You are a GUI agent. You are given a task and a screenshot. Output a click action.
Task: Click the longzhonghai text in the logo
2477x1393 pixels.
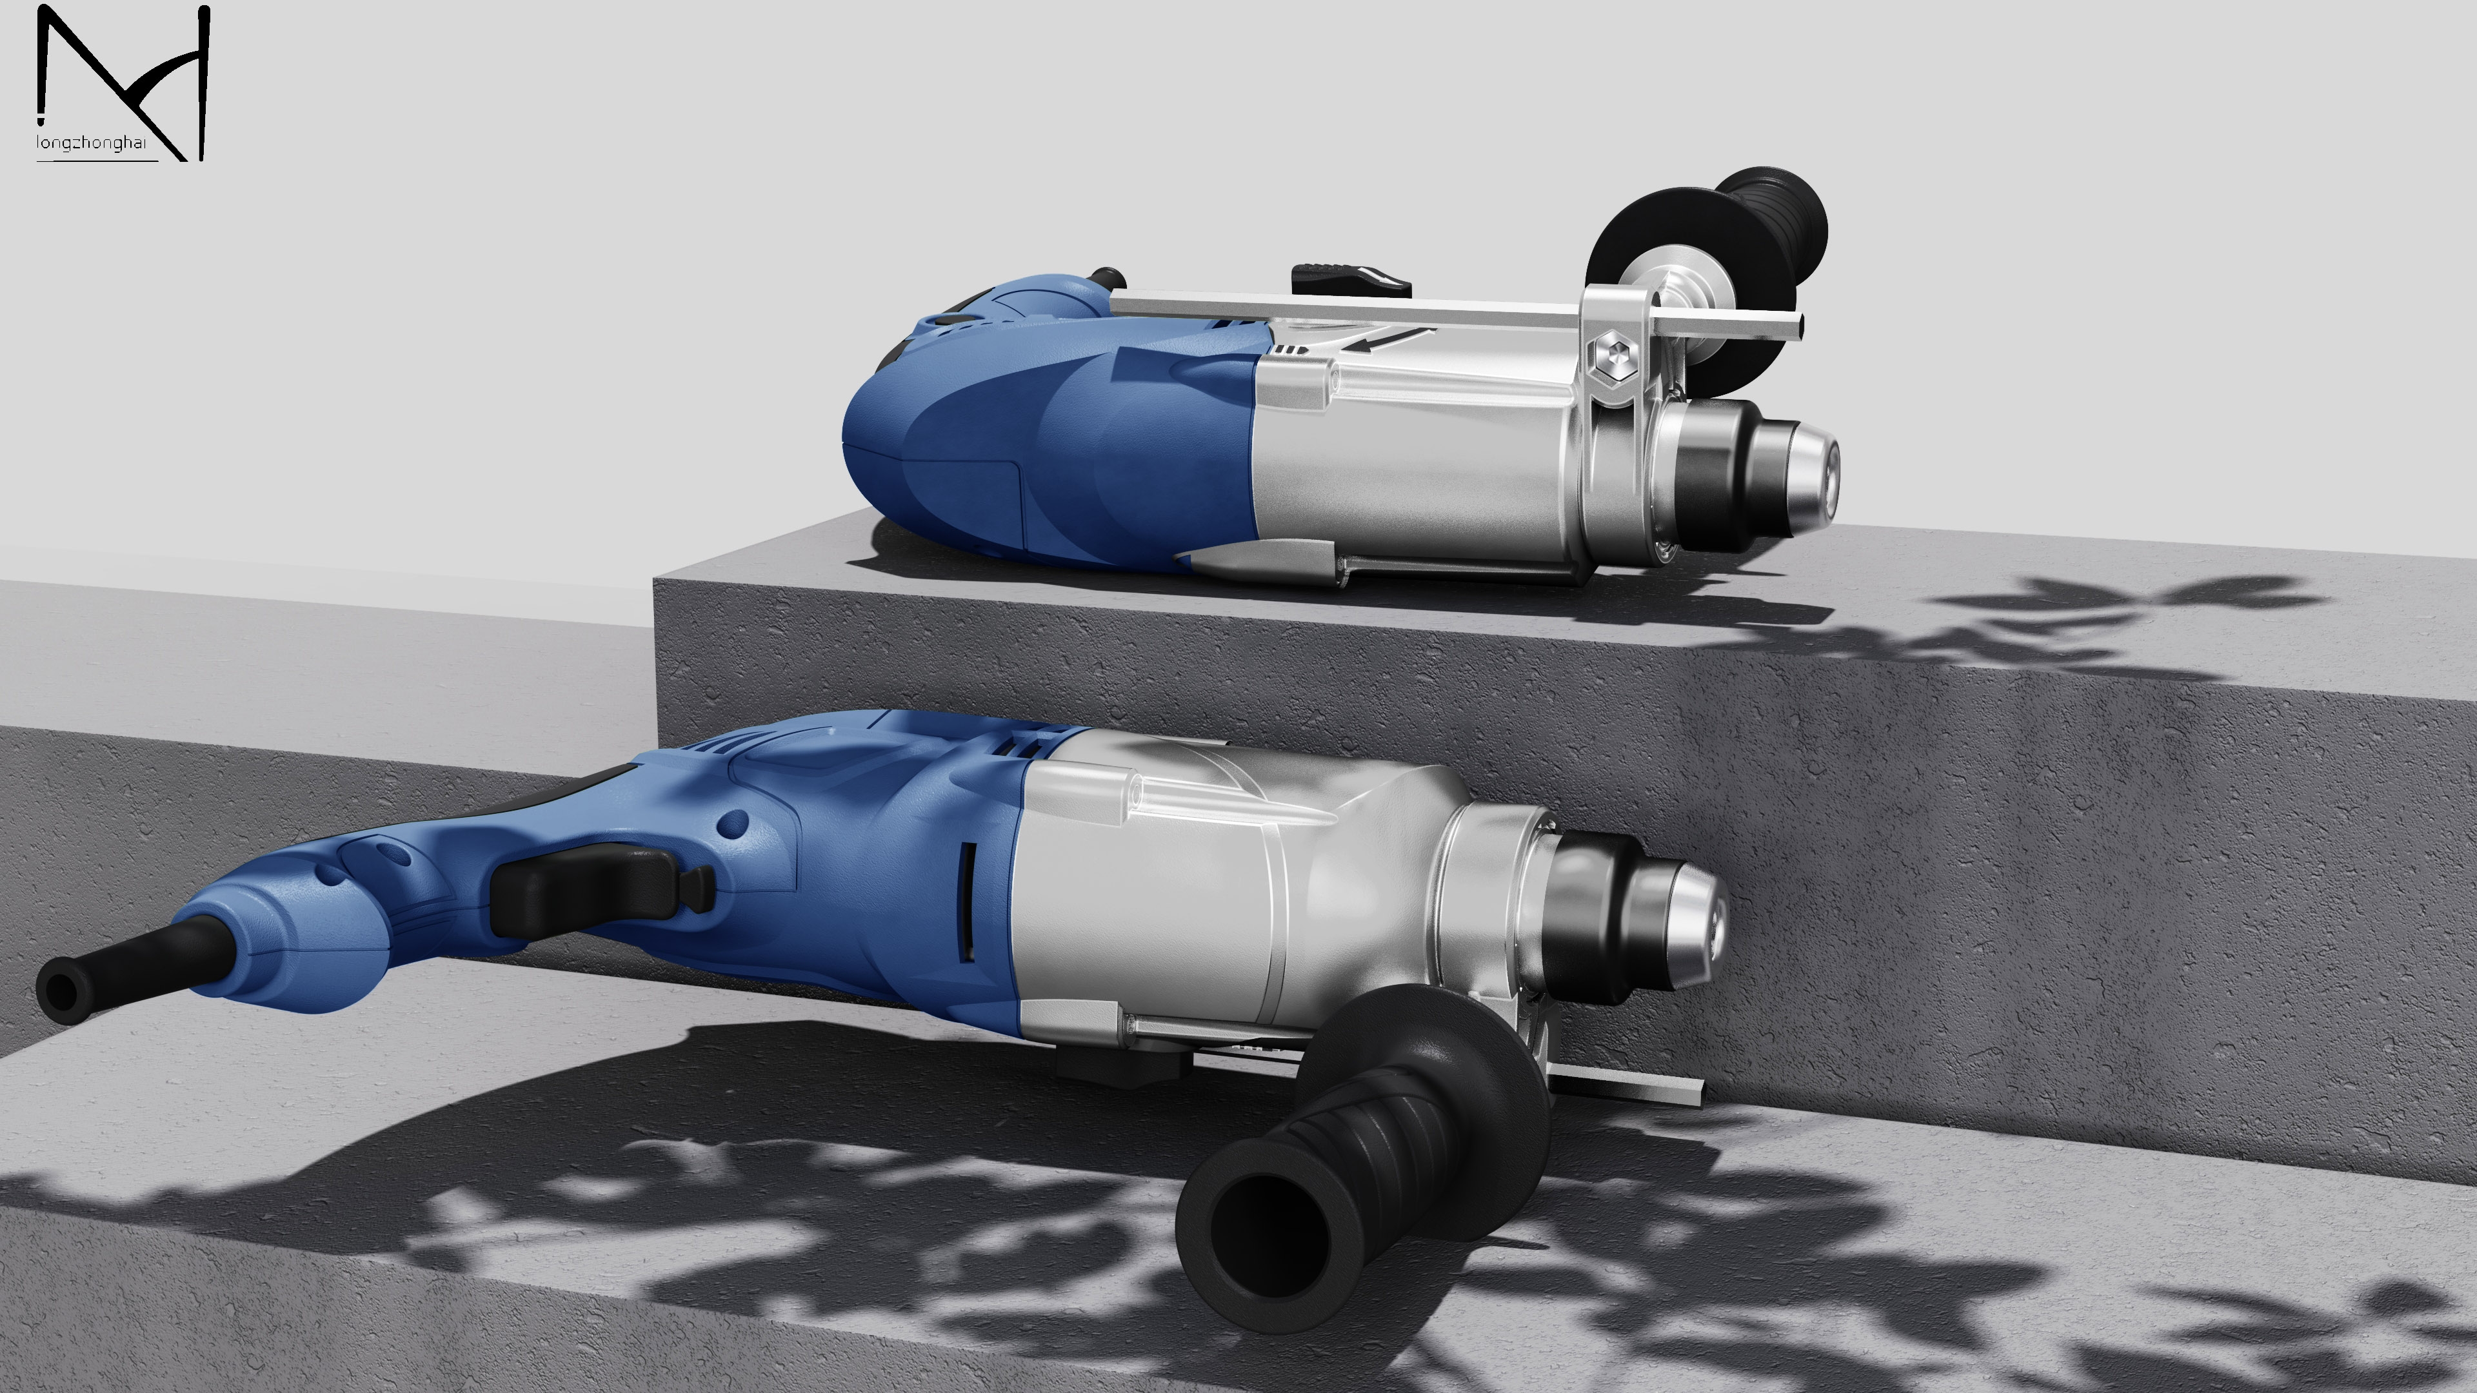(92, 143)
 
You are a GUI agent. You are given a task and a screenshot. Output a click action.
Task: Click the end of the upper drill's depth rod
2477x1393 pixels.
(1796, 325)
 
